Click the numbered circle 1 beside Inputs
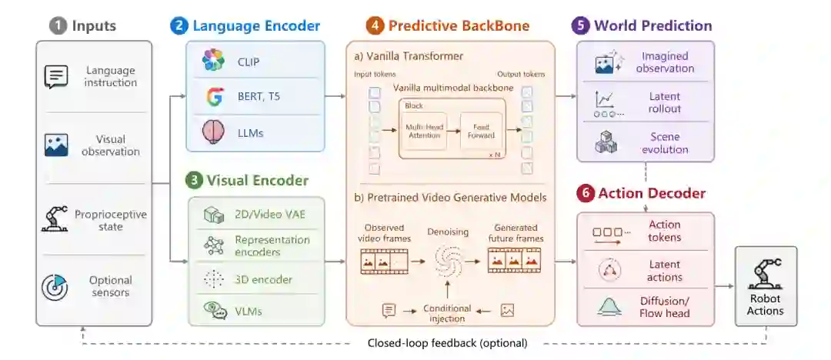pos(58,26)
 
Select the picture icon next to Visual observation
pos(56,145)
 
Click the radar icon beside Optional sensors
pos(55,287)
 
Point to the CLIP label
pos(249,62)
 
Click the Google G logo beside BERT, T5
pos(214,97)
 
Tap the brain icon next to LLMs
pos(214,132)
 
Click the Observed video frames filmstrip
pos(385,262)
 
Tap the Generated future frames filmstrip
pos(514,261)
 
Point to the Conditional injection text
pos(447,313)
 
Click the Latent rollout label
pos(665,102)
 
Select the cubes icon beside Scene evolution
pos(606,142)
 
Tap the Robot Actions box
pos(766,286)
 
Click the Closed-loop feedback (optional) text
pos(447,343)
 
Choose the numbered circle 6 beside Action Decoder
pos(585,194)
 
